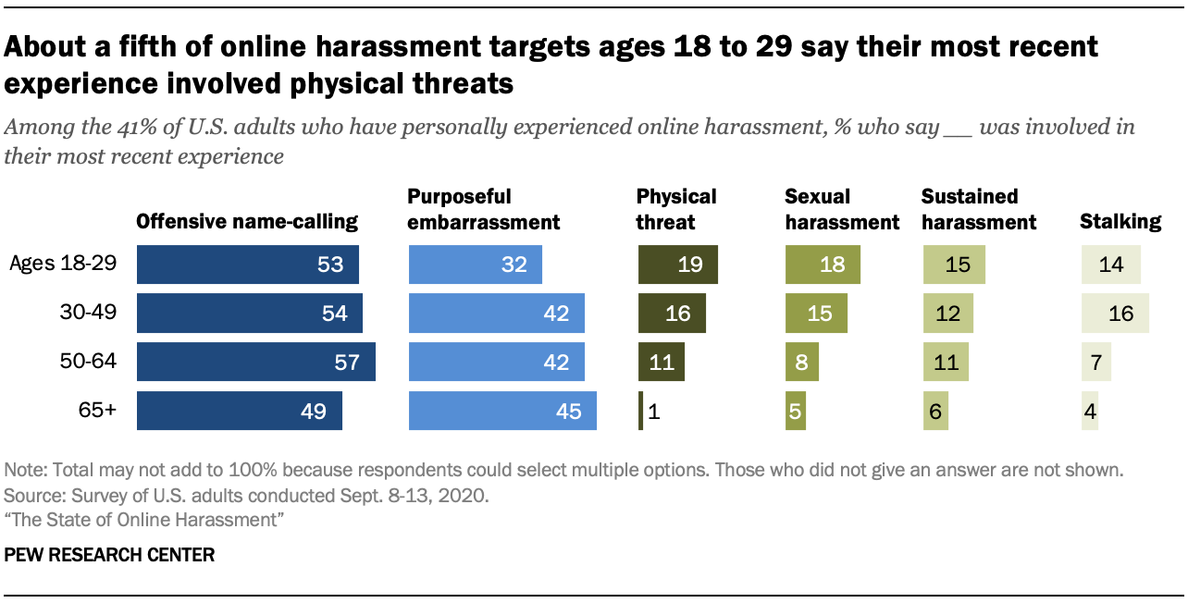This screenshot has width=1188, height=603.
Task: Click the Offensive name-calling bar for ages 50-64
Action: click(x=255, y=362)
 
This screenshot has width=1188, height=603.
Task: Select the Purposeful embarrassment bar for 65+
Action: click(x=501, y=411)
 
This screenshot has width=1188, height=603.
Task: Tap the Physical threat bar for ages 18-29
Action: click(x=677, y=265)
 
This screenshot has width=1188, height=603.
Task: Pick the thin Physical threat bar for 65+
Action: click(x=640, y=411)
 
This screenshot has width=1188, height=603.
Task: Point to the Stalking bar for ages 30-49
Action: click(x=1115, y=314)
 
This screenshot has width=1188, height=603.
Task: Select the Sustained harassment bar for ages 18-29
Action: click(x=954, y=265)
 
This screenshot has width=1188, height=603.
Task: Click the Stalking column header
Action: click(x=1120, y=221)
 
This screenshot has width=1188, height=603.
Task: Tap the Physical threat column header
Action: click(x=676, y=209)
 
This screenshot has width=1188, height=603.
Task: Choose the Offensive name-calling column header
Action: click(x=247, y=221)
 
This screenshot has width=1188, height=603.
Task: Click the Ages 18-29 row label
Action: click(x=62, y=264)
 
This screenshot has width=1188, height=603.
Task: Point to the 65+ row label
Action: click(x=97, y=411)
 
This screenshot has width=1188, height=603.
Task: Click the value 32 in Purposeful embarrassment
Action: click(x=514, y=265)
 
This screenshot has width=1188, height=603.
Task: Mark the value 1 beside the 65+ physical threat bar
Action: click(x=653, y=412)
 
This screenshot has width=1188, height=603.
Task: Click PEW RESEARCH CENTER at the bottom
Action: click(x=109, y=555)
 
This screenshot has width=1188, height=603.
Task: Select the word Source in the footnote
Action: click(x=31, y=495)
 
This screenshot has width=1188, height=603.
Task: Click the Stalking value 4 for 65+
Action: click(x=1090, y=412)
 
